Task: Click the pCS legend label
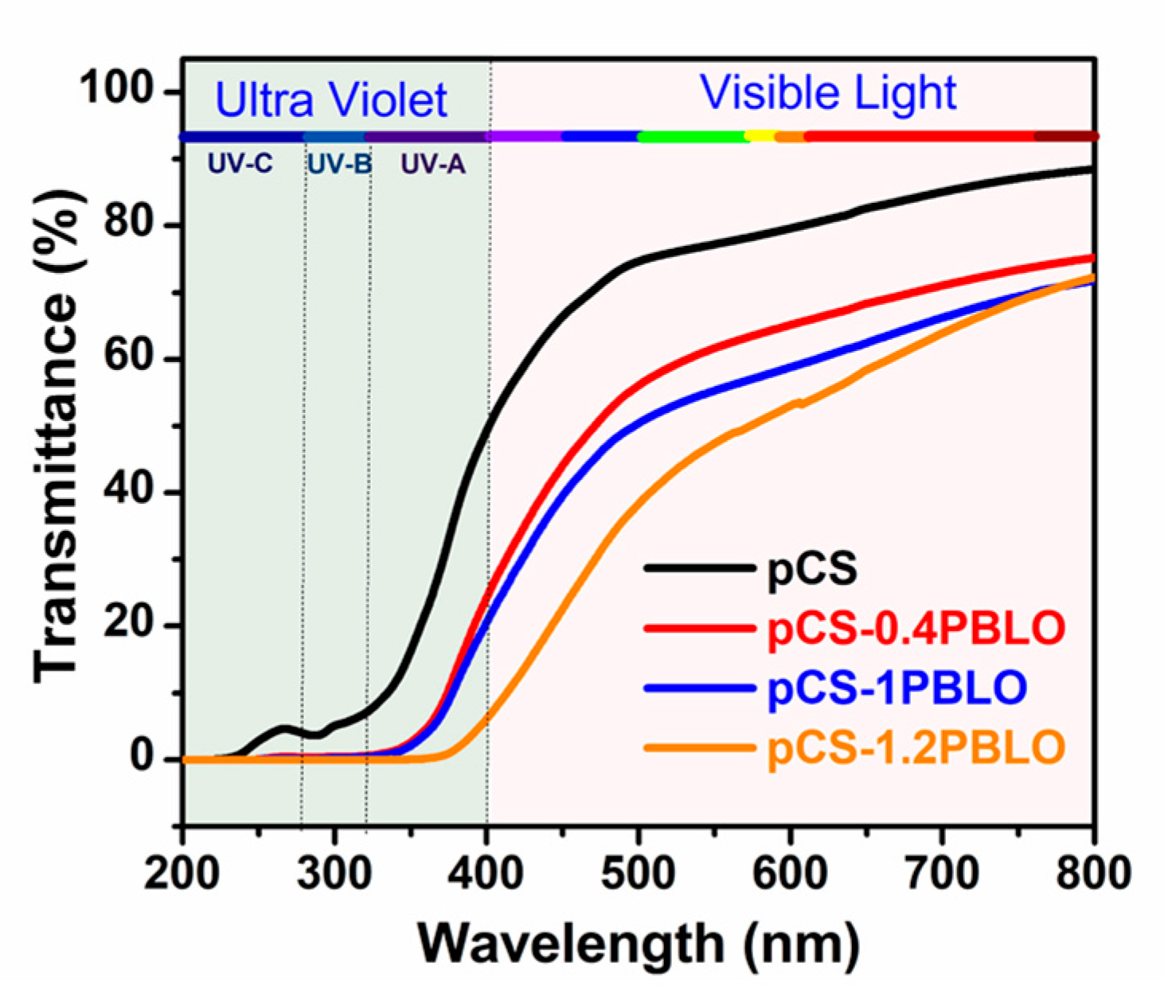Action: [812, 569]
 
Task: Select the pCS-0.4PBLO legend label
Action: [916, 629]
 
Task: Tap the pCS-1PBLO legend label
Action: [896, 688]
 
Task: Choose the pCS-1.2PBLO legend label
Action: [916, 747]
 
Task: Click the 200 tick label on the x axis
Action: [182, 874]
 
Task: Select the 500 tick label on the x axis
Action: [638, 874]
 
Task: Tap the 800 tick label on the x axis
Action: [1094, 874]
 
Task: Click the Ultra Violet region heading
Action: [331, 101]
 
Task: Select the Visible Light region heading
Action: [828, 93]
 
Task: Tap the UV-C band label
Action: [240, 165]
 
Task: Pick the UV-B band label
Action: [339, 165]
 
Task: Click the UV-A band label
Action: [432, 165]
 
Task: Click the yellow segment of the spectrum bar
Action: [761, 137]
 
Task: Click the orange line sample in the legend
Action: [699, 748]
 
